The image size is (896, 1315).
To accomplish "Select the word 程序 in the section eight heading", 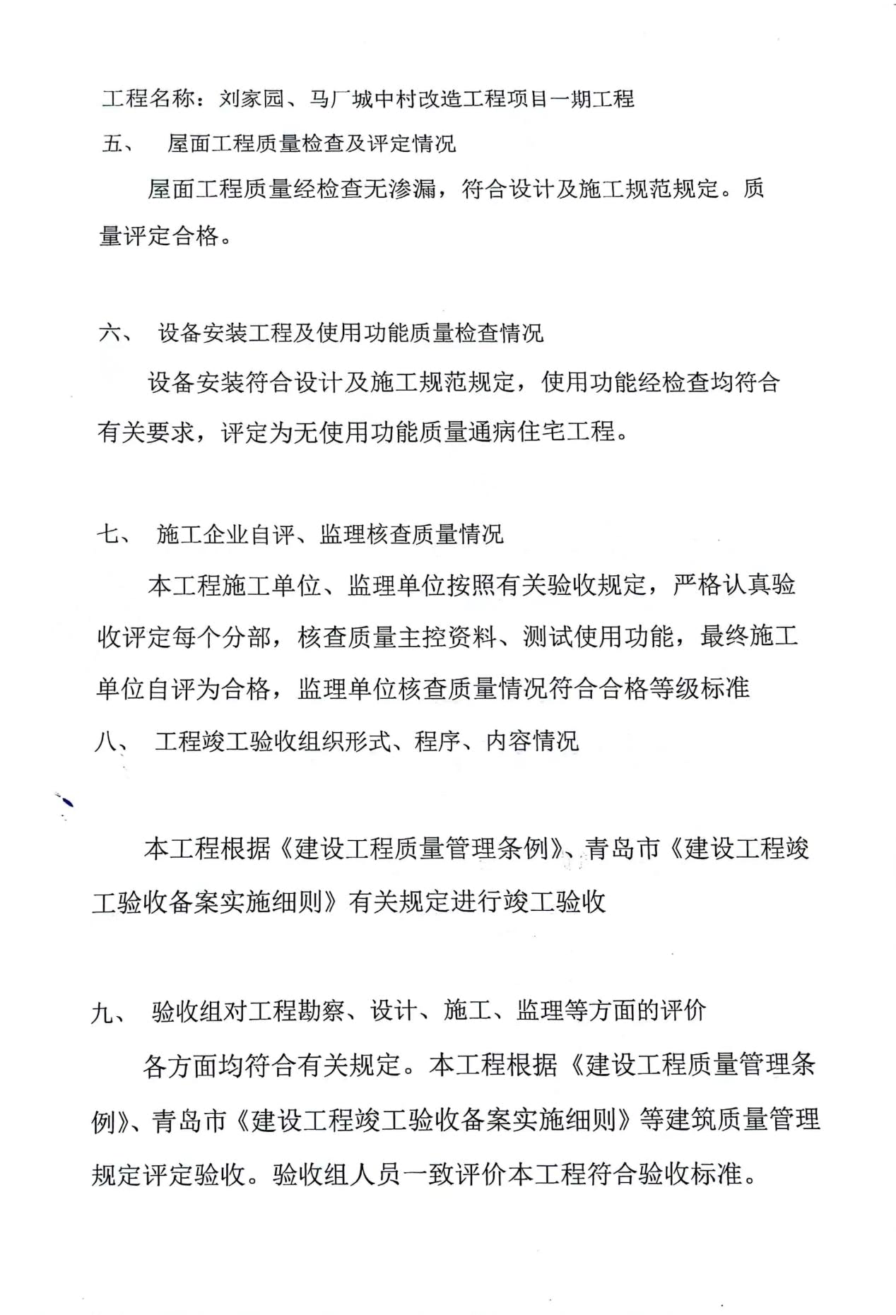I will (x=437, y=741).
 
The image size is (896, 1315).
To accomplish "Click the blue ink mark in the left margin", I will (x=67, y=801).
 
